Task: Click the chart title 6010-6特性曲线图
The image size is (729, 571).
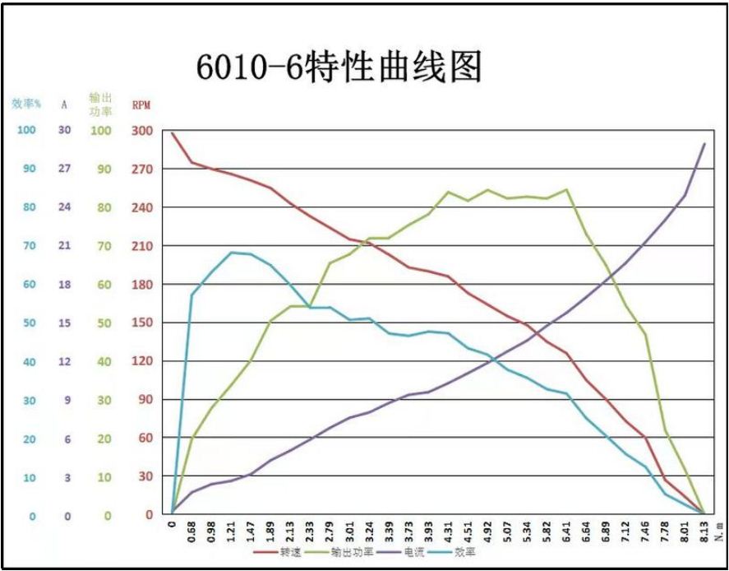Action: tap(338, 68)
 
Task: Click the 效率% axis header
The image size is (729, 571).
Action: tap(26, 104)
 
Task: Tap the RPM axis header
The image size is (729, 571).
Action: tap(141, 105)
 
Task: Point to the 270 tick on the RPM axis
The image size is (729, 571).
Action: tap(143, 169)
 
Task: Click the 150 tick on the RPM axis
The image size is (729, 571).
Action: tap(143, 323)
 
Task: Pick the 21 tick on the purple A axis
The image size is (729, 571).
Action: tap(64, 246)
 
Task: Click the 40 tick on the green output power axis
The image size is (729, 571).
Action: tap(104, 361)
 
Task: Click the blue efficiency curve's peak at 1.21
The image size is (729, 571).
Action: tap(232, 252)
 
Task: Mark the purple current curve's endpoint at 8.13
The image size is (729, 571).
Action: tap(705, 143)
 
